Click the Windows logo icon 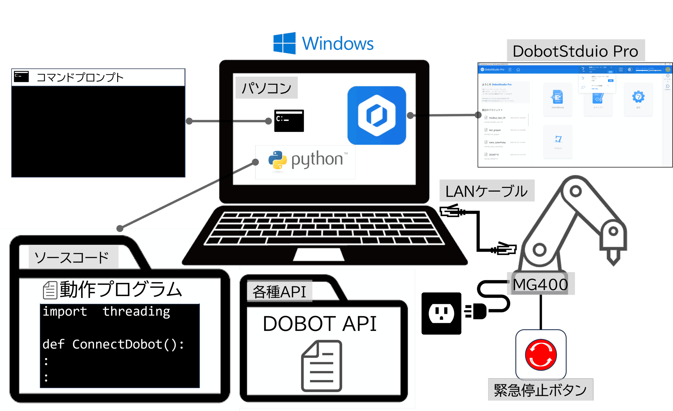click(285, 43)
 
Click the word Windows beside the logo click(338, 44)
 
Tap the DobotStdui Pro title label click(576, 51)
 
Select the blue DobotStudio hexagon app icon click(376, 116)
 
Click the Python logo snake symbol click(278, 160)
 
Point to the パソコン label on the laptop click(267, 88)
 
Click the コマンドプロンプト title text click(80, 77)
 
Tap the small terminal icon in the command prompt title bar click(21, 77)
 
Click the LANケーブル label click(486, 191)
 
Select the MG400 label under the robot click(540, 284)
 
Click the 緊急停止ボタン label click(540, 390)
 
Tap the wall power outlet click(441, 313)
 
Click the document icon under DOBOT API click(322, 366)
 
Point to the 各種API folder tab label click(279, 292)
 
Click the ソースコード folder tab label click(72, 257)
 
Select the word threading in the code click(136, 311)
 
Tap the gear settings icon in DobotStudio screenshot click(638, 97)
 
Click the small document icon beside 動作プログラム click(50, 290)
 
